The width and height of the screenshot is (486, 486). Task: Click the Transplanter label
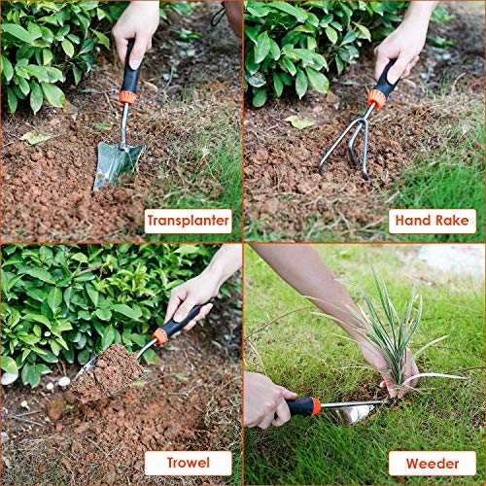coord(188,221)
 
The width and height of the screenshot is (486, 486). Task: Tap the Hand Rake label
coord(433,221)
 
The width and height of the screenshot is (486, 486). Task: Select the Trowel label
coord(188,463)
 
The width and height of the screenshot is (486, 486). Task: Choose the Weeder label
coord(433,464)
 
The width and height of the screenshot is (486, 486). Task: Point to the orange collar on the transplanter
coord(127,97)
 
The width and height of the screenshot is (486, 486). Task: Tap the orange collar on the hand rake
coord(377,99)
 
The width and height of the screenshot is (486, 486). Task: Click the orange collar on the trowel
coord(160,336)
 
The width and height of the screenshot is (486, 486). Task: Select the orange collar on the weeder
coord(316,406)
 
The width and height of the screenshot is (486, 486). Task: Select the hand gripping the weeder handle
coord(265,399)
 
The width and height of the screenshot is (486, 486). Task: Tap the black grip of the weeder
coord(298,407)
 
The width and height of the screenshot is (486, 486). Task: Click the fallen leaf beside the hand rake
coord(300,121)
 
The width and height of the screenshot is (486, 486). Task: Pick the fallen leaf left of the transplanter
coord(36,138)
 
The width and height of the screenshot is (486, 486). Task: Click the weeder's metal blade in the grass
coord(353,411)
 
